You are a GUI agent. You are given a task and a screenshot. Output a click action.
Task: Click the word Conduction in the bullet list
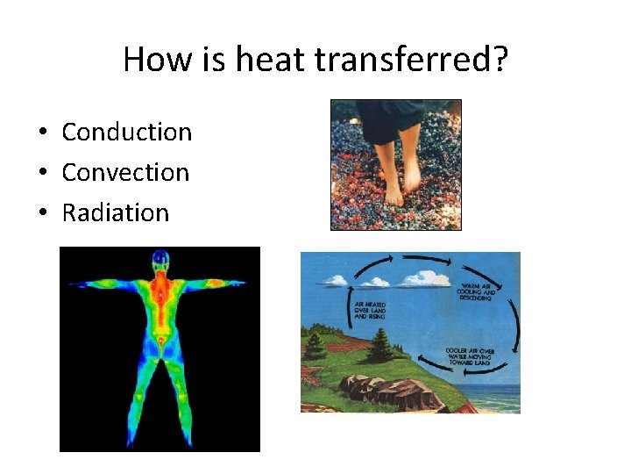pos(126,132)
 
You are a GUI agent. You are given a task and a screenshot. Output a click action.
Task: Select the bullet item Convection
pos(125,172)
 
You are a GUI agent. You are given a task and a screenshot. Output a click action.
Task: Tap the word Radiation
pos(115,212)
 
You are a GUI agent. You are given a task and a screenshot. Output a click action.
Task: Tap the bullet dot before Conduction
pos(42,133)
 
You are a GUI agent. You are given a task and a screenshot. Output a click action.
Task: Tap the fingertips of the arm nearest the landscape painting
pos(243,283)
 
